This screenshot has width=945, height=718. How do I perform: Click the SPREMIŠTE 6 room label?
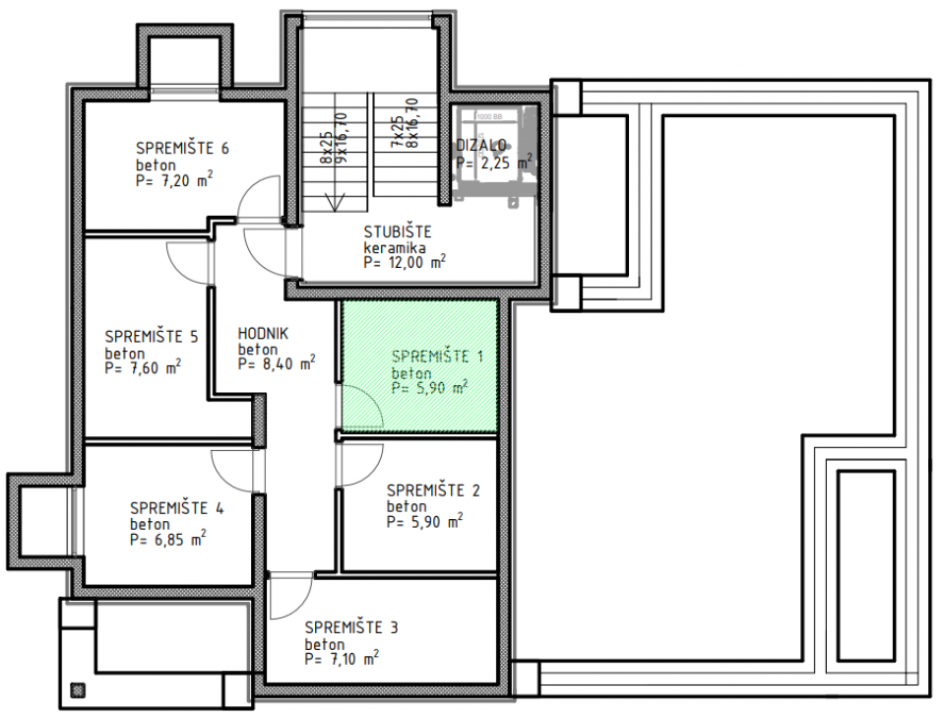click(182, 149)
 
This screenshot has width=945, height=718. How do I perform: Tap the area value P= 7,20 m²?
click(175, 180)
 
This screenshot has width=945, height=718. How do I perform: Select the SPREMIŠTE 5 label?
click(151, 336)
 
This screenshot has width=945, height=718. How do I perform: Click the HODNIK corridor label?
click(262, 333)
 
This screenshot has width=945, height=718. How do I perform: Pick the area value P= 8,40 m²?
click(277, 363)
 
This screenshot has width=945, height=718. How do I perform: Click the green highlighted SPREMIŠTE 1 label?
click(437, 356)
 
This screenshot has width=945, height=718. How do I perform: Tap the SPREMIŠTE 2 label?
click(433, 490)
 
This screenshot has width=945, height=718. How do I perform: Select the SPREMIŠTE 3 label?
click(351, 626)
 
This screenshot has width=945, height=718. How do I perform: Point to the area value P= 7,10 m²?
click(342, 658)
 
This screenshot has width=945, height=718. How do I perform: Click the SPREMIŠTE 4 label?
click(177, 508)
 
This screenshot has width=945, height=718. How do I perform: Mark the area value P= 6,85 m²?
click(167, 540)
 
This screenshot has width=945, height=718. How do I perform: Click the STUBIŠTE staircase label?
click(397, 232)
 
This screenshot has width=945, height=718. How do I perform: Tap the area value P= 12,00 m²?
click(404, 263)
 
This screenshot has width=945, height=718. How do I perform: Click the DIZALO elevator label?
click(481, 145)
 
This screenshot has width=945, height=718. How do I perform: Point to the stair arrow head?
click(337, 202)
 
